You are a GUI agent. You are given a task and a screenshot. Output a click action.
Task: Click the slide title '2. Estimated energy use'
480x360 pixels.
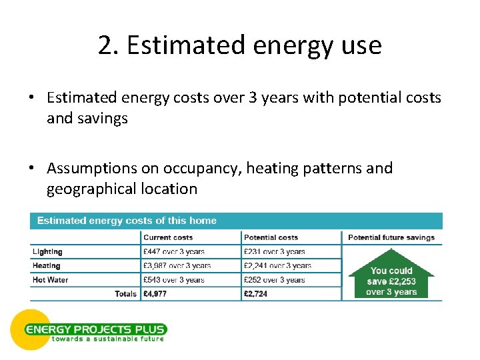click(239, 45)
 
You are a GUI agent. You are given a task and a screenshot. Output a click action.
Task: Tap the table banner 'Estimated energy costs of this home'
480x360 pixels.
click(127, 221)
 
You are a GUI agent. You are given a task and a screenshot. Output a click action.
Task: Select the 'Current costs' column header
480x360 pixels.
click(168, 237)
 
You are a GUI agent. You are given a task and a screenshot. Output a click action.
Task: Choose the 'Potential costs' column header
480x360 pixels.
click(270, 237)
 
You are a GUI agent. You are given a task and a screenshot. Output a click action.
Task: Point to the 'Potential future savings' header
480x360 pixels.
click(391, 237)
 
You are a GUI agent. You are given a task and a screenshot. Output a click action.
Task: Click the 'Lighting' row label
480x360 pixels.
click(47, 252)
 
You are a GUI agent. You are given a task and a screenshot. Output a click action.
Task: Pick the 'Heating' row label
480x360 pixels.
click(47, 266)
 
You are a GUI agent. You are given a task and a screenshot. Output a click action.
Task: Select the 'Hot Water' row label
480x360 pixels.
click(50, 280)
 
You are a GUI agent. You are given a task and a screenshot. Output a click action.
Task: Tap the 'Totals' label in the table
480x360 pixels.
click(125, 294)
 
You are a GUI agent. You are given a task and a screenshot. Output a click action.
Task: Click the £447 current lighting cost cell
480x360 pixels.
click(174, 252)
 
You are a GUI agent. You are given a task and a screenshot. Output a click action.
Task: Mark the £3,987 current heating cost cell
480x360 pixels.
click(177, 266)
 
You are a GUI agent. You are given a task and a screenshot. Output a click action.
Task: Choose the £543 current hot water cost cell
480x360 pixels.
click(174, 280)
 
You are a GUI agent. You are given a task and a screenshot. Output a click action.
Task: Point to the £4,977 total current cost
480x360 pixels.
click(155, 294)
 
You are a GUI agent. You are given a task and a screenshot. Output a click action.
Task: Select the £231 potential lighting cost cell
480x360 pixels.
click(275, 252)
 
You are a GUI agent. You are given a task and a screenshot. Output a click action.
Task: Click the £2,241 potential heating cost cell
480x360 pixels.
click(277, 266)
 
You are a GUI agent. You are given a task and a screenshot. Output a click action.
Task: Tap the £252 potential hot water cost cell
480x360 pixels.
click(275, 280)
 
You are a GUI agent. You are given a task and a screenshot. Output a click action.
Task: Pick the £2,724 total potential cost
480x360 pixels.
click(256, 294)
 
